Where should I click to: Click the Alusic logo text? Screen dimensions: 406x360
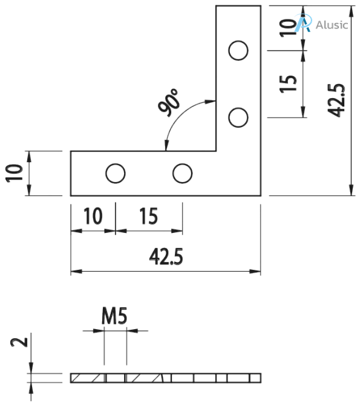pos(332,25)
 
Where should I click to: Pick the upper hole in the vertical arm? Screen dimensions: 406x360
pos(238,51)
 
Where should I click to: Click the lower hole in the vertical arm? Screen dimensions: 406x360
pos(238,117)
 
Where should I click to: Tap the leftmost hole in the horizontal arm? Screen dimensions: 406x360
pos(115,174)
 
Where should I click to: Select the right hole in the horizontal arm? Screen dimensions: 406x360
pos(182,174)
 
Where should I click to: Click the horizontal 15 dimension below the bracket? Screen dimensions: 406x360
pos(149,216)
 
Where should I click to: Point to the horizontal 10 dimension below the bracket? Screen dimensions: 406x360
pos(93,216)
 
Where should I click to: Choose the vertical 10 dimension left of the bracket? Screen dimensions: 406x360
pos(15,173)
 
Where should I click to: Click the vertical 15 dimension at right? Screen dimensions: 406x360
pos(289,83)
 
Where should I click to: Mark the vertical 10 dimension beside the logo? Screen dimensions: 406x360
pos(289,28)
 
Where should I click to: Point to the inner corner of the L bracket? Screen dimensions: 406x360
pos(216,151)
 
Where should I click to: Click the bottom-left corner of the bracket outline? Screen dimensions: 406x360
pos(71,196)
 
